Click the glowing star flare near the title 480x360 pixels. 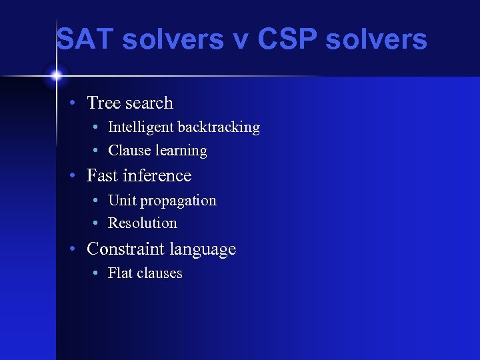pos(56,75)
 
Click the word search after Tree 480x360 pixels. pos(149,103)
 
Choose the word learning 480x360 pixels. pos(181,151)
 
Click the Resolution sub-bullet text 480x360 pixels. pos(142,223)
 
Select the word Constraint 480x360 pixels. pos(125,249)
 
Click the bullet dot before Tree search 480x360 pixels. pos(77,103)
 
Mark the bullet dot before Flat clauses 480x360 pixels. pos(97,273)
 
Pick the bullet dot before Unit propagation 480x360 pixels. pos(97,201)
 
